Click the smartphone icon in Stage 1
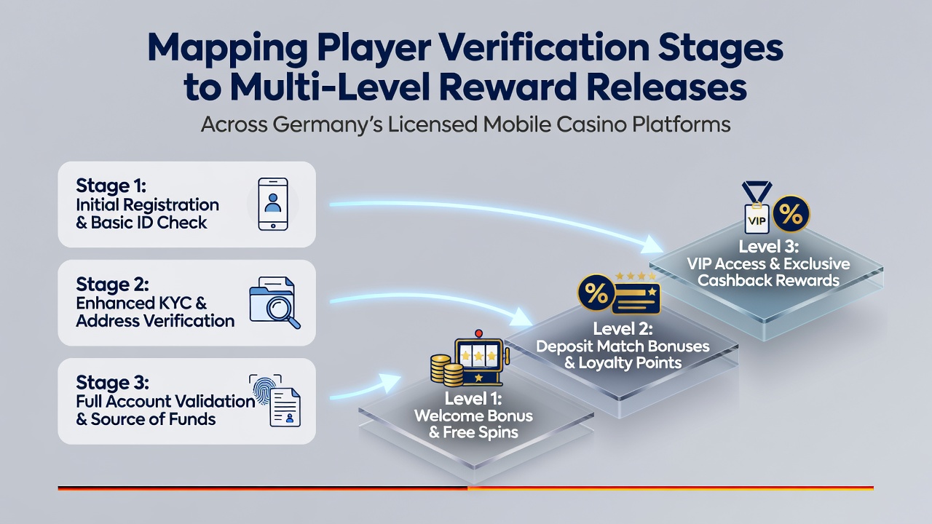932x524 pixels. coord(273,205)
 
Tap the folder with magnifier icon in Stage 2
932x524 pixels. coord(275,303)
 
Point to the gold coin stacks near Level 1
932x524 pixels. coord(447,370)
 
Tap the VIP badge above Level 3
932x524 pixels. coord(757,207)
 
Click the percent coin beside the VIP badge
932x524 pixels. coord(791,214)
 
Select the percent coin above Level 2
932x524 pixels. coord(596,293)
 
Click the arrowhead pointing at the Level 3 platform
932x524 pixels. coord(652,244)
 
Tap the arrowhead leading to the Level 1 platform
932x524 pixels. coord(390,382)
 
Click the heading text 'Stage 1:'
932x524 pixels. coord(111,186)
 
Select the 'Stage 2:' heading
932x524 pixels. coord(112,284)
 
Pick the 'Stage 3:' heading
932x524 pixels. coord(112,382)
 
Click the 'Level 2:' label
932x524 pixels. coord(623,329)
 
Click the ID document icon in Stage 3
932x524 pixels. coord(285,407)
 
